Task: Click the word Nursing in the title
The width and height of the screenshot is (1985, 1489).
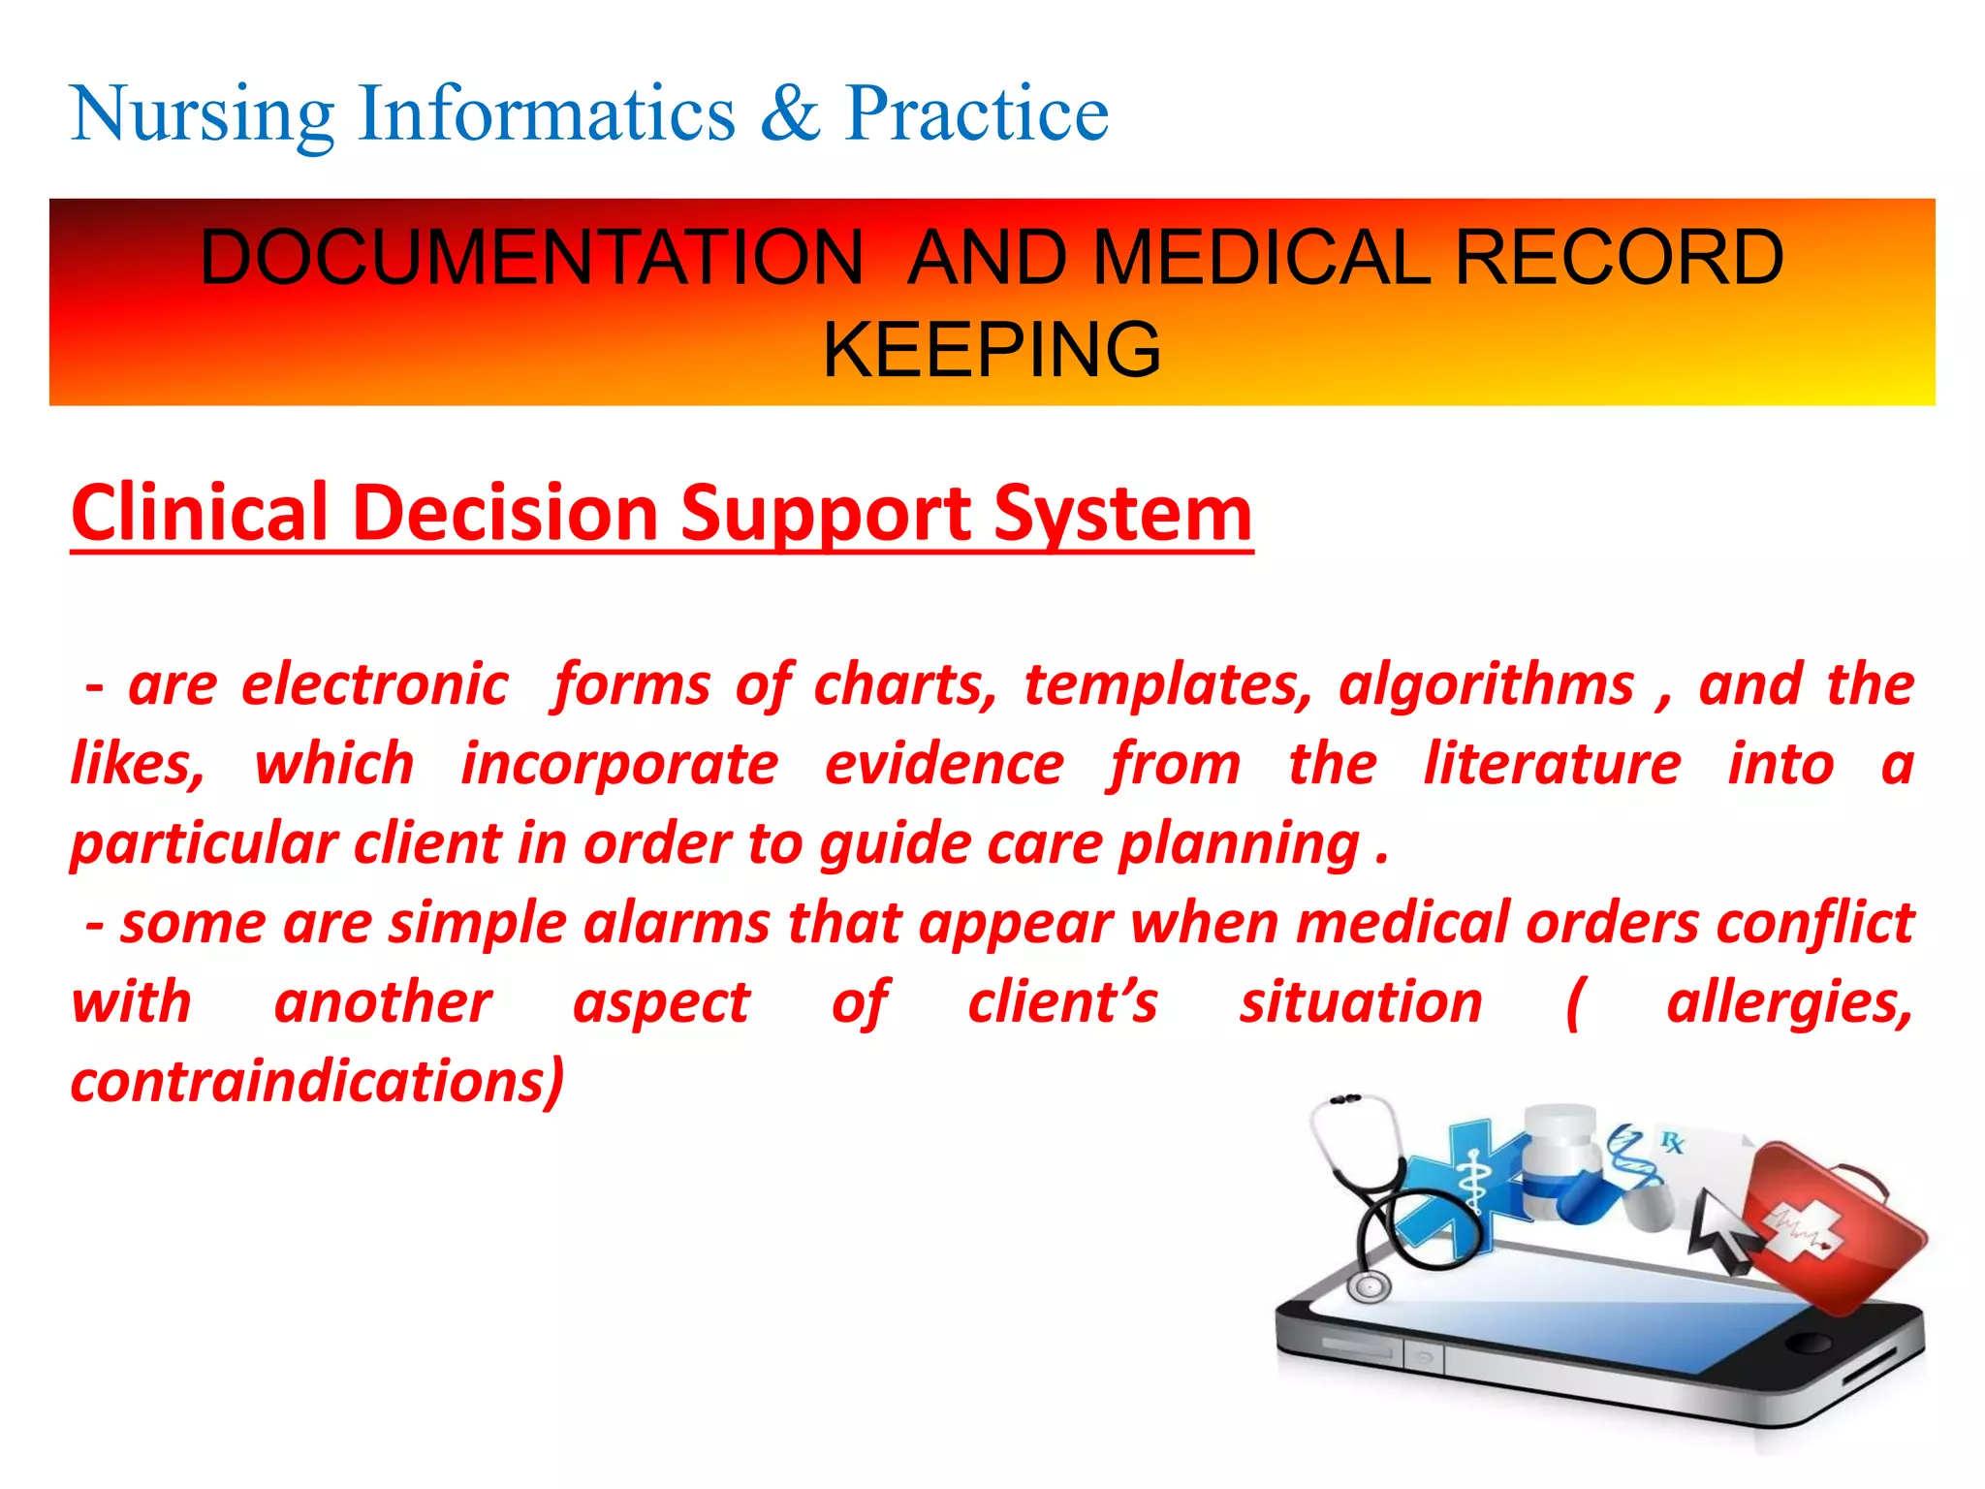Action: coord(202,114)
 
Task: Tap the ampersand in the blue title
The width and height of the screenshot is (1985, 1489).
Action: coord(789,114)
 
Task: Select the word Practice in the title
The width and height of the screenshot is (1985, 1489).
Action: coord(976,114)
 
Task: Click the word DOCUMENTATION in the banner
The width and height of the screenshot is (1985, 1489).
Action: coord(531,258)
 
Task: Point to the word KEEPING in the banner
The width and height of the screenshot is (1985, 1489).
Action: coord(992,350)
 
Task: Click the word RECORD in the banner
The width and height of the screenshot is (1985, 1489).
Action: coord(1619,258)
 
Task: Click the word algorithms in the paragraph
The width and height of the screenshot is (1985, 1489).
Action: coord(1487,685)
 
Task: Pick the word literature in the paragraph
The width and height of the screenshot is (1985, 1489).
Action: coord(1552,764)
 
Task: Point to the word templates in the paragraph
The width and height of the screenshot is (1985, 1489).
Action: coord(1168,685)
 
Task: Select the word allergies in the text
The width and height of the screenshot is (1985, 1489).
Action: coord(1789,1002)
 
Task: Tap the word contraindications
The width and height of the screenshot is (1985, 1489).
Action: coord(316,1082)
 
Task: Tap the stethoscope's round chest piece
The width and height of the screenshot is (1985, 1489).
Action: coord(1370,1286)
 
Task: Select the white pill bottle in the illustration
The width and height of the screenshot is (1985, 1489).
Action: coord(1560,1158)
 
